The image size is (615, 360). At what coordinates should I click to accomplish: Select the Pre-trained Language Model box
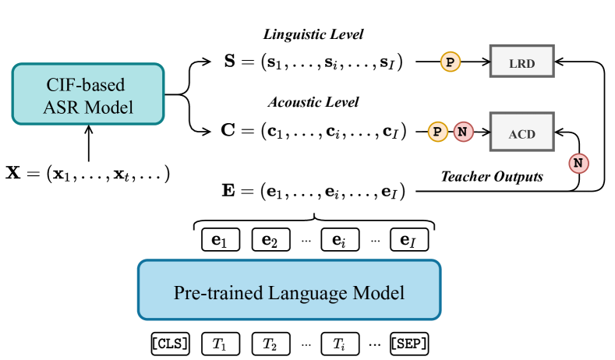[x=289, y=290]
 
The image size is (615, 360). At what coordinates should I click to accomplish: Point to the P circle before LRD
[x=450, y=60]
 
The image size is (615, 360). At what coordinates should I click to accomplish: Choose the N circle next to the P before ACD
[x=462, y=131]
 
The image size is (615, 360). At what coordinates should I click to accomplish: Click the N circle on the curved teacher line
[x=578, y=163]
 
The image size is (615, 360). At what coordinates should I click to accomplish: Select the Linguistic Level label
[x=313, y=35]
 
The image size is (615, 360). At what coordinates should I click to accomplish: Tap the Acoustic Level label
[x=313, y=102]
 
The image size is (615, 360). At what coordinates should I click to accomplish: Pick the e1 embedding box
[x=219, y=239]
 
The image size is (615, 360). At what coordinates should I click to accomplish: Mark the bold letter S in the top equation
[x=231, y=62]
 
